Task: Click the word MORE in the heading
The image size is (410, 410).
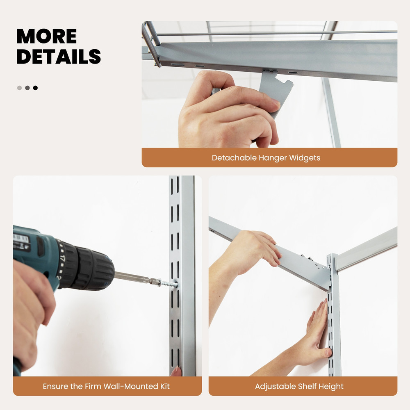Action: pyautogui.click(x=46, y=36)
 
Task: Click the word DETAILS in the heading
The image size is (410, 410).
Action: pyautogui.click(x=59, y=57)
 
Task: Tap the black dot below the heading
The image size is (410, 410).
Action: pyautogui.click(x=35, y=88)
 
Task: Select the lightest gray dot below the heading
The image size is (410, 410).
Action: pyautogui.click(x=19, y=88)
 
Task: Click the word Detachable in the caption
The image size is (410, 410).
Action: pyautogui.click(x=234, y=158)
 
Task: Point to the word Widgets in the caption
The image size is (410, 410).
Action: pyautogui.click(x=305, y=158)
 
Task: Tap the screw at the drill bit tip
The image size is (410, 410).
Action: pyautogui.click(x=168, y=283)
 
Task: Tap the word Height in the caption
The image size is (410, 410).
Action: pyautogui.click(x=331, y=386)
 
